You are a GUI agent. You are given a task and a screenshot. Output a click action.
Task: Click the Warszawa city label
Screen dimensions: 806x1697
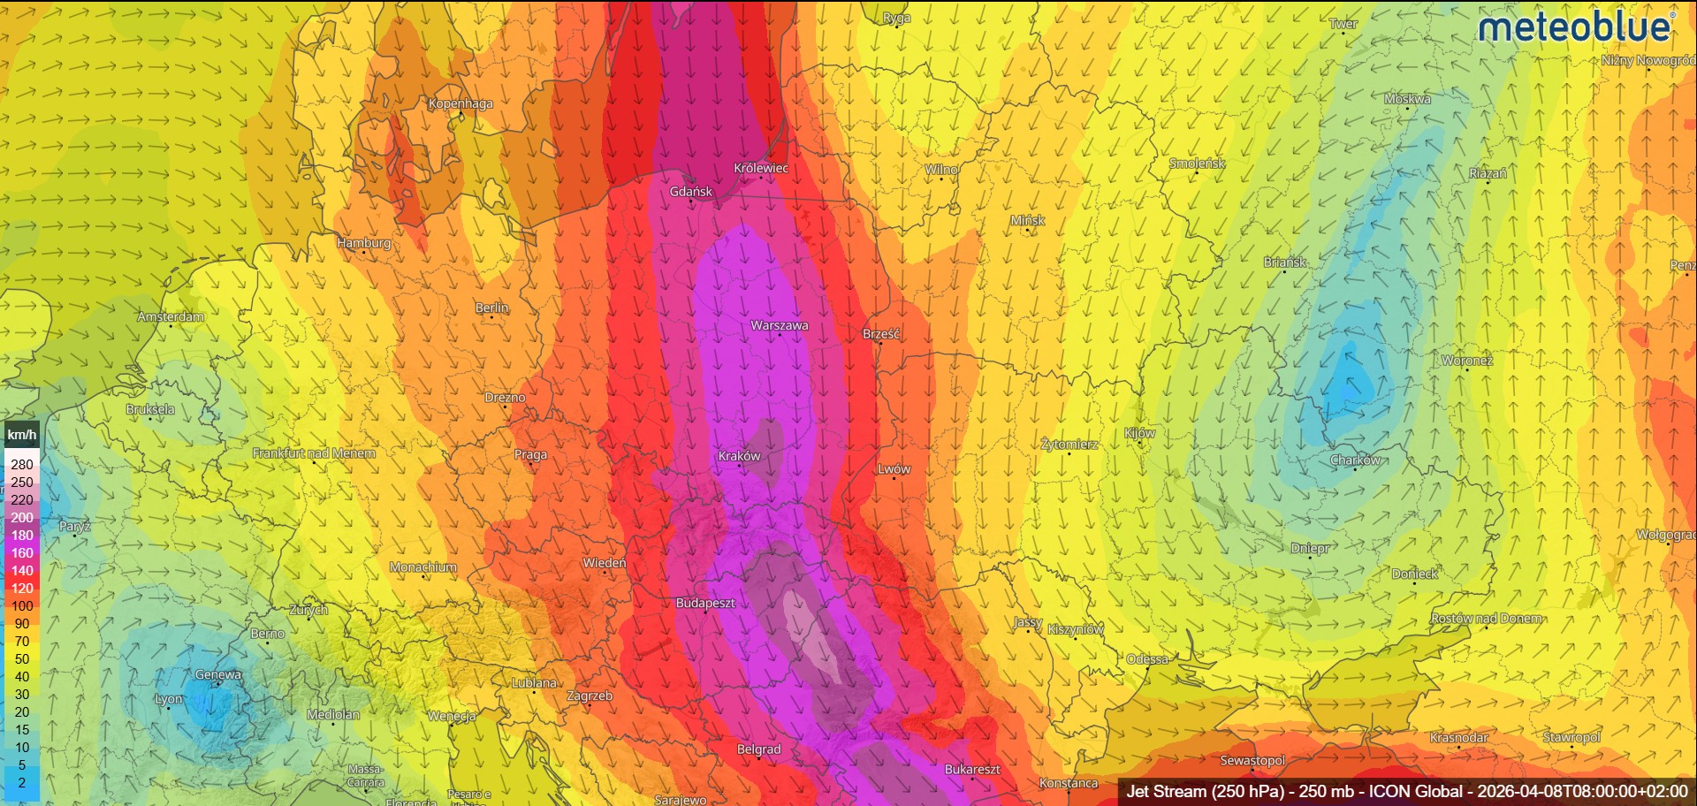coord(779,325)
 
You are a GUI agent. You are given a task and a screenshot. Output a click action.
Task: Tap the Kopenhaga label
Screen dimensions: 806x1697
coord(460,103)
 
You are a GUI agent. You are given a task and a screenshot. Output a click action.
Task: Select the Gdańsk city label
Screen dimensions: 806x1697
coord(690,191)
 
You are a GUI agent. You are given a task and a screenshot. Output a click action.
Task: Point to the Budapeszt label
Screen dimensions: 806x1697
coord(704,603)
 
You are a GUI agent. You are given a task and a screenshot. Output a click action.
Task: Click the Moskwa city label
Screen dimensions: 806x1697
coord(1407,99)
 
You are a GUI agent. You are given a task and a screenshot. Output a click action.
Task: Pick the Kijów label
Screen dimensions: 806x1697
coord(1139,432)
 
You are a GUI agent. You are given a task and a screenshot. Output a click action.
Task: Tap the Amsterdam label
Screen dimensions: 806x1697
coord(171,316)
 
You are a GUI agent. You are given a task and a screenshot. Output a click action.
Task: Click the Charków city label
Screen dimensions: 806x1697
coord(1355,460)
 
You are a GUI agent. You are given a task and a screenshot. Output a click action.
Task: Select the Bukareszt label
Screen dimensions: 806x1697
coord(972,769)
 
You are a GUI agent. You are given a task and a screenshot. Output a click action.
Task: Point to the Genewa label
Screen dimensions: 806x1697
coord(217,674)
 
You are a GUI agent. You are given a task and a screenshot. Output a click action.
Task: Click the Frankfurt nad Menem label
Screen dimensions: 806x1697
coord(314,452)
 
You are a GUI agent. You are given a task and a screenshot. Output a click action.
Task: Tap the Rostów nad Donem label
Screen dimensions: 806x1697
coord(1487,618)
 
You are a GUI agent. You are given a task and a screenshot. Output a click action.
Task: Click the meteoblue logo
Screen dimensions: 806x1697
coord(1576,27)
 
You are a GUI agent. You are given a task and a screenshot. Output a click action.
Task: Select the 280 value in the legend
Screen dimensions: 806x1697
coord(22,464)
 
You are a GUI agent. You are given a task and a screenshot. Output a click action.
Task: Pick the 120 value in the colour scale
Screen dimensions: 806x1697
coord(22,588)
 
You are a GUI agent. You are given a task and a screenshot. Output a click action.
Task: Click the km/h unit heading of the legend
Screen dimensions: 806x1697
coord(22,435)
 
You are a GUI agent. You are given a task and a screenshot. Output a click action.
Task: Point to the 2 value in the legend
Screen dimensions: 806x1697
coord(22,782)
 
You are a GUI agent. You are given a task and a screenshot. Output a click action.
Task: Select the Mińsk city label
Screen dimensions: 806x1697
coord(1027,220)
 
